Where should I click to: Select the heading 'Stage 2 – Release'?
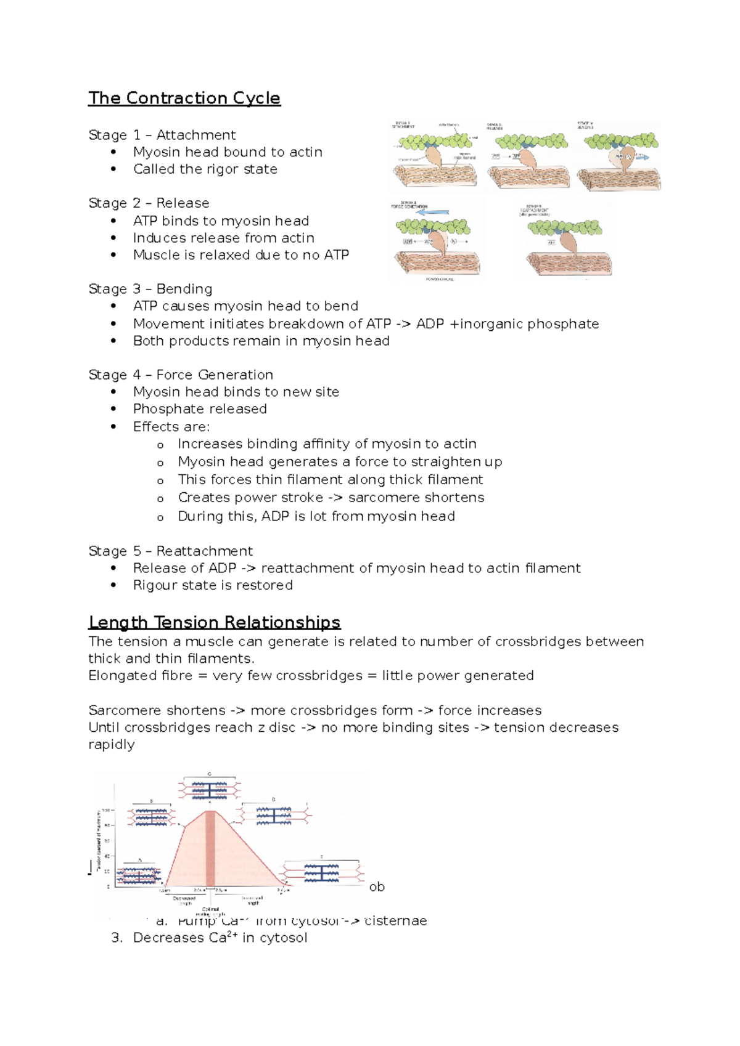click(149, 203)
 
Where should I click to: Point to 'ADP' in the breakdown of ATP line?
click(430, 324)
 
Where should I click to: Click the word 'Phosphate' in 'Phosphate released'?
click(163, 409)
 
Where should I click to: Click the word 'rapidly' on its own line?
click(111, 745)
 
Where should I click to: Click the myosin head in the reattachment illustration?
click(567, 243)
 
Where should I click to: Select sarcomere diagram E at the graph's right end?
click(321, 873)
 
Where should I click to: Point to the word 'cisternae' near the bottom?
click(395, 921)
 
